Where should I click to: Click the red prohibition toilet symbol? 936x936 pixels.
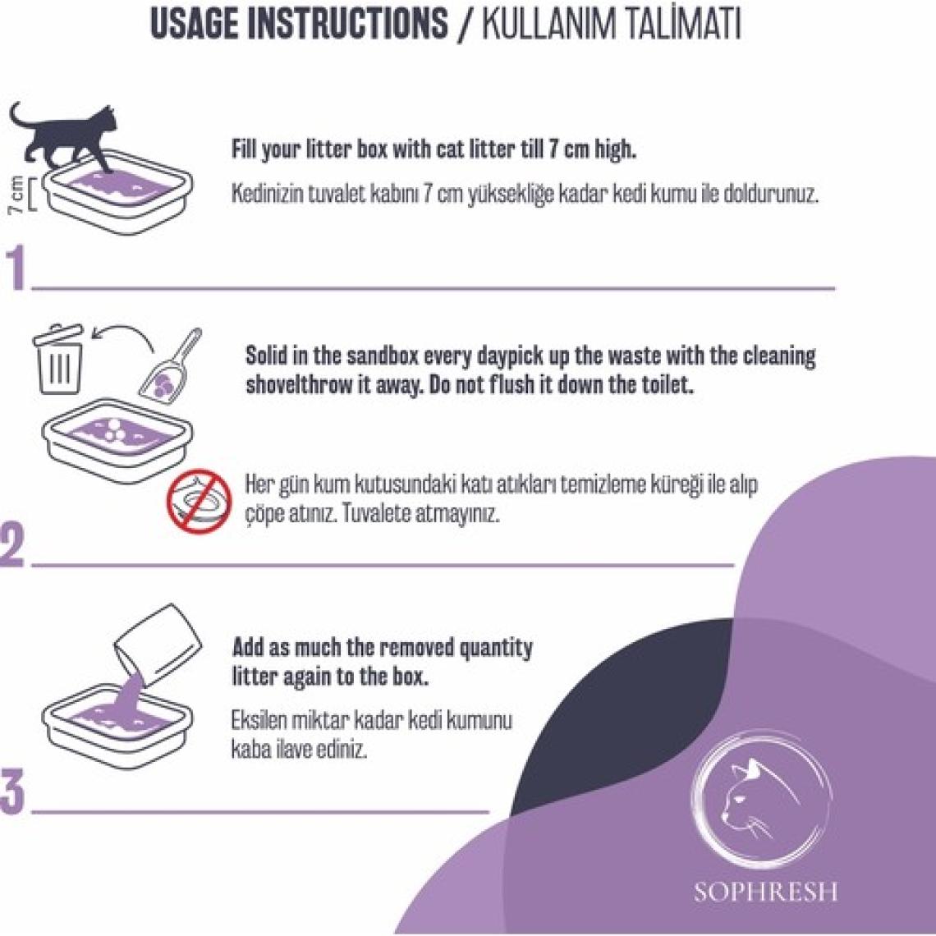[x=200, y=501]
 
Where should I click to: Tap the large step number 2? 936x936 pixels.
[x=13, y=545]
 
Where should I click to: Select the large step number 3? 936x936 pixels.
[x=13, y=793]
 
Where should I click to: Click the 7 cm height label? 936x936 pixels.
[x=16, y=195]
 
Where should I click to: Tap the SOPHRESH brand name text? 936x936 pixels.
[x=766, y=892]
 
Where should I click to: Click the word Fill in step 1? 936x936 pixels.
[x=244, y=148]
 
